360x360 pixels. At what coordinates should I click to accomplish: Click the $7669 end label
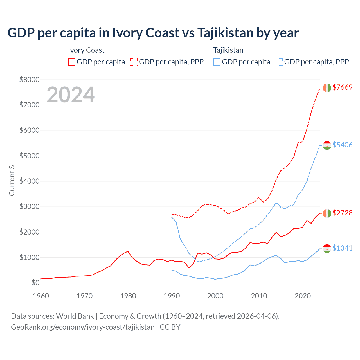[342, 87]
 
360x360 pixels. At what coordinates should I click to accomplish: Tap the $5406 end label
[342, 145]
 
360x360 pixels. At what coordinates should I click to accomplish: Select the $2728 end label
[342, 213]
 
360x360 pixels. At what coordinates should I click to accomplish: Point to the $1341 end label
[342, 248]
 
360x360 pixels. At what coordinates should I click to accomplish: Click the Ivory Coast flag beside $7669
[327, 88]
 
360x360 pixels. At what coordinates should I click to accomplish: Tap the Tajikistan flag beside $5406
[327, 145]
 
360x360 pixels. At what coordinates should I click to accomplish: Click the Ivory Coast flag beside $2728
[327, 213]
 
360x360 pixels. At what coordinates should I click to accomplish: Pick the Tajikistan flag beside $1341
[327, 249]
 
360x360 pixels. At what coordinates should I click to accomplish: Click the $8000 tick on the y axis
[29, 80]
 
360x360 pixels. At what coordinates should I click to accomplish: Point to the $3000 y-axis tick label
[29, 207]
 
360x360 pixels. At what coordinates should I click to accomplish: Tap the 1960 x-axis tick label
[41, 296]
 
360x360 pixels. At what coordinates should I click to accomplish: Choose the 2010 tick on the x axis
[259, 296]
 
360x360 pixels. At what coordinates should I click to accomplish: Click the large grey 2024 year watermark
[71, 95]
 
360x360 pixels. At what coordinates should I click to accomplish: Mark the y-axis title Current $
[12, 181]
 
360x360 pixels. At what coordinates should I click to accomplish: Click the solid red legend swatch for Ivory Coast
[72, 62]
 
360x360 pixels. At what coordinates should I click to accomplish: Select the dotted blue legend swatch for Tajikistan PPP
[279, 62]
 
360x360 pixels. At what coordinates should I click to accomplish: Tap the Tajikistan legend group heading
[228, 50]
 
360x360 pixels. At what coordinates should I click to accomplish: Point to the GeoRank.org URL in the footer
[83, 327]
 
